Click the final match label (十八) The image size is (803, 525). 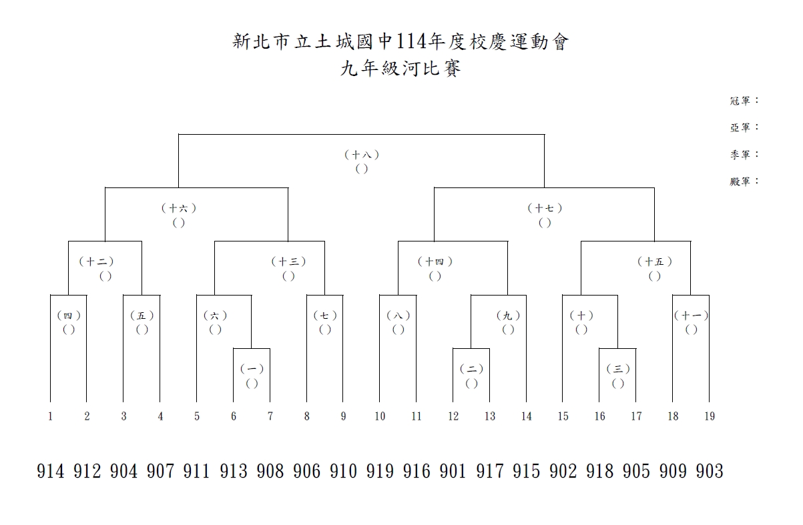[362, 155]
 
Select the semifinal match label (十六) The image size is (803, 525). [178, 208]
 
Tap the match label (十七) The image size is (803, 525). [545, 208]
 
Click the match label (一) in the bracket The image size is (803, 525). [252, 369]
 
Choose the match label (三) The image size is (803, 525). [618, 369]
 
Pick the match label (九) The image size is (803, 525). [508, 316]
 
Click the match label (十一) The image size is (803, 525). [691, 316]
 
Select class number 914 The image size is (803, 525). [51, 472]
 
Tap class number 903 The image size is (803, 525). [710, 472]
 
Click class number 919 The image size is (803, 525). [380, 472]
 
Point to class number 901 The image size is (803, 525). [453, 472]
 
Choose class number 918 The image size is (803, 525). [599, 472]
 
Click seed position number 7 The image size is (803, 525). [270, 416]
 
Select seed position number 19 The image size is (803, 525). [710, 416]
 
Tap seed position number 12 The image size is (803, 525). [453, 416]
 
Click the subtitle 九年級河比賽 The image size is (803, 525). [400, 68]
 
